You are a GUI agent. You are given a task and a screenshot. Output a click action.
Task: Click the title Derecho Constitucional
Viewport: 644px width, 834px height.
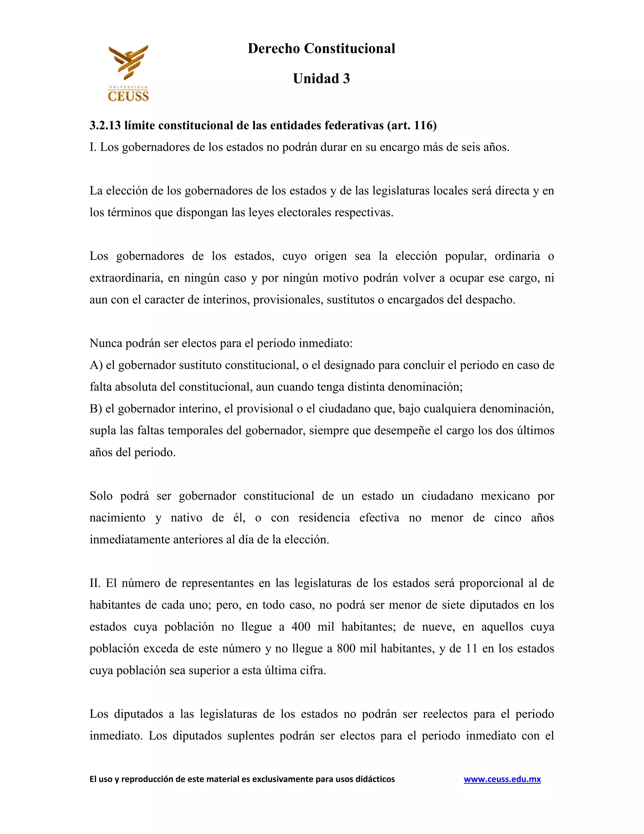[321, 48]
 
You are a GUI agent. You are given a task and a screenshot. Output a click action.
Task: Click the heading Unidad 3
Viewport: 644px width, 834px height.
[321, 79]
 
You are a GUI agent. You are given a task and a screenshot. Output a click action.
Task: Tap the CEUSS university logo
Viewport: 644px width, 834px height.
[128, 73]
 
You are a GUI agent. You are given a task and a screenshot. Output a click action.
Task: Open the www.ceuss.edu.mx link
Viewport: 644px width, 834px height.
[502, 779]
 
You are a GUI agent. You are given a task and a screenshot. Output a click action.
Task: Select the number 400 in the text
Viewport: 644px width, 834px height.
[301, 627]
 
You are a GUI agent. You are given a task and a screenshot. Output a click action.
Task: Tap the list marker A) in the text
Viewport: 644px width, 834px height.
[96, 365]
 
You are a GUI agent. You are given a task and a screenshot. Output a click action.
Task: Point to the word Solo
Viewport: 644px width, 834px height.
[101, 496]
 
